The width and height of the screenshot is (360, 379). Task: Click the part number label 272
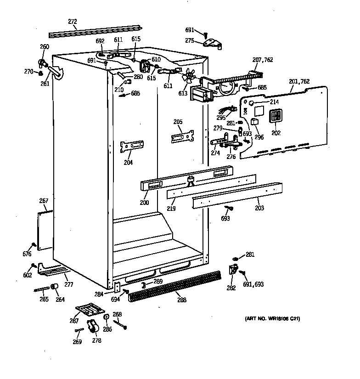[x=72, y=21]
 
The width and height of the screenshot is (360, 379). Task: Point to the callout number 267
[x=44, y=201]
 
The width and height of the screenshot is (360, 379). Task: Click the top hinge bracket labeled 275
[x=212, y=43]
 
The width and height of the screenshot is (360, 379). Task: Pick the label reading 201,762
[x=299, y=82]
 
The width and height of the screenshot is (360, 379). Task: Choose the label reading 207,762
[x=263, y=59]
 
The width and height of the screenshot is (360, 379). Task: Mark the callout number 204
[x=128, y=162]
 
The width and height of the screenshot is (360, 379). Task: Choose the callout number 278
[x=96, y=340]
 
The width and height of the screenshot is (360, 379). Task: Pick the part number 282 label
[x=231, y=288]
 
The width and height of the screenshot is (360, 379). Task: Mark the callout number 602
[x=28, y=275]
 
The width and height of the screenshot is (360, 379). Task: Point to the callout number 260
[x=45, y=46]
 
